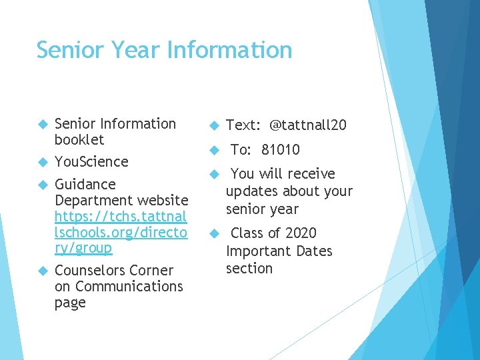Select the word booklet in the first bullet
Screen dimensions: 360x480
coord(79,140)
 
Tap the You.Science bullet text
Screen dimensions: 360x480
coord(91,161)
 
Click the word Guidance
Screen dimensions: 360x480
coord(85,185)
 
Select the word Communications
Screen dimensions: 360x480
coord(129,287)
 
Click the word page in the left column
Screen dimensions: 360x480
coord(70,303)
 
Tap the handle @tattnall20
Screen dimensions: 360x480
coord(308,125)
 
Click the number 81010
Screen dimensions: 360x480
coord(281,150)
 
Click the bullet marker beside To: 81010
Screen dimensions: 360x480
coord(214,150)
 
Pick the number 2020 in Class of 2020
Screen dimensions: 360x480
coord(301,233)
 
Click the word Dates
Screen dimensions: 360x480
coord(313,251)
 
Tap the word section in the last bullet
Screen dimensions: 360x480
coord(249,269)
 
